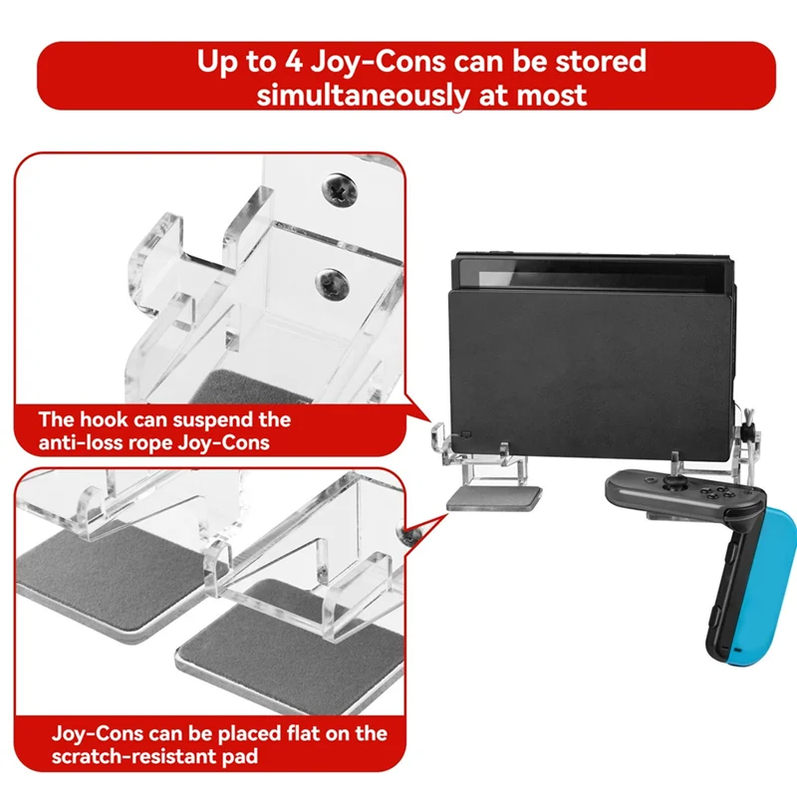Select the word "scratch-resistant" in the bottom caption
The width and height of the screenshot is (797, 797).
point(133,757)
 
